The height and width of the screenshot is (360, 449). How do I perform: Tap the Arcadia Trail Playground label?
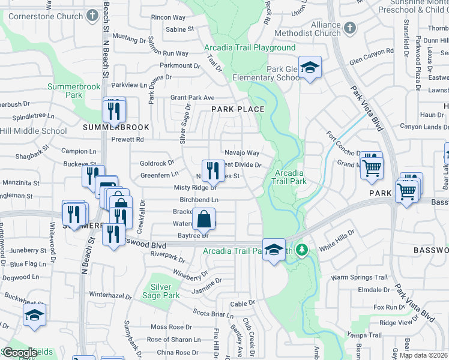tap(250, 47)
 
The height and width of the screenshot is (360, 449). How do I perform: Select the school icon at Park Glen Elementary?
tap(310, 68)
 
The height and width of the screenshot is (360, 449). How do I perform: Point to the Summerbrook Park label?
tap(73, 91)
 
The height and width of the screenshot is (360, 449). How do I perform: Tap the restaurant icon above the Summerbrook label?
tap(113, 109)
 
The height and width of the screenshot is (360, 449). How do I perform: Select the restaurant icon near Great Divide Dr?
tap(212, 171)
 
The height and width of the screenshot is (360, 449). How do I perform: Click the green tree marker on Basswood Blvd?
tap(303, 248)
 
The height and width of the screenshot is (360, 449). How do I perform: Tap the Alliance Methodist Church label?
tap(307, 29)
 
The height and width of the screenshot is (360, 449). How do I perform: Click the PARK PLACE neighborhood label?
tap(238, 109)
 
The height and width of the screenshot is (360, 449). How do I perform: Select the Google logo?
tap(20, 352)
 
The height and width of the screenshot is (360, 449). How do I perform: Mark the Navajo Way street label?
tap(242, 153)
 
